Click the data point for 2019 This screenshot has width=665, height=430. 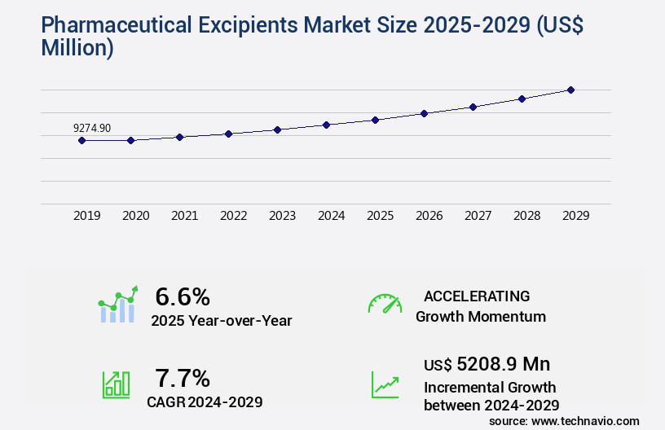[81, 140]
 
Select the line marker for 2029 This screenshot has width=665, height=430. [570, 90]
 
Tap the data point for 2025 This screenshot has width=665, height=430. [375, 120]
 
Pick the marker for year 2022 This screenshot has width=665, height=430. [228, 134]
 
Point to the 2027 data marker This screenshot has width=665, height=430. [473, 107]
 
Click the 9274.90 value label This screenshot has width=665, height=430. [92, 128]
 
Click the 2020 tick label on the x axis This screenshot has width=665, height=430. [136, 216]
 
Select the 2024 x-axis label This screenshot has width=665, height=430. [332, 216]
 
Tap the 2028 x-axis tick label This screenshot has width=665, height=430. [527, 216]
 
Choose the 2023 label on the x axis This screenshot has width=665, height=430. [283, 216]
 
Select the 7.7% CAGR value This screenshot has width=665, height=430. [183, 378]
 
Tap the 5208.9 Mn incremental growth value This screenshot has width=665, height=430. [504, 364]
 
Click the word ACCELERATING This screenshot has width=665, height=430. [477, 296]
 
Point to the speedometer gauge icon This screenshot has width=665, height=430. [385, 303]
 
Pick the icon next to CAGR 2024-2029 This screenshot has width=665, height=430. [116, 384]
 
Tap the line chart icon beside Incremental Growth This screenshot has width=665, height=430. [385, 384]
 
